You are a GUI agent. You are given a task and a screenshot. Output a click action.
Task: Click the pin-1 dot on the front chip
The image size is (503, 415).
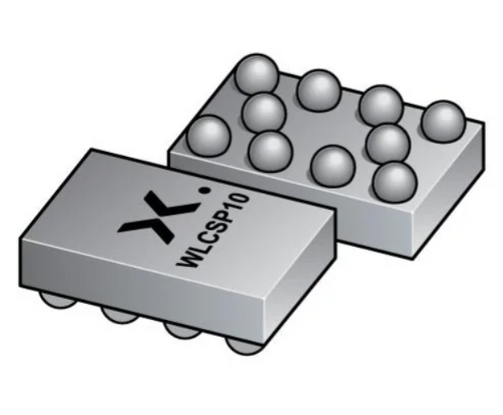point(204,191)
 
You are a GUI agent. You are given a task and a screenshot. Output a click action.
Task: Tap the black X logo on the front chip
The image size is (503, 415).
point(157,216)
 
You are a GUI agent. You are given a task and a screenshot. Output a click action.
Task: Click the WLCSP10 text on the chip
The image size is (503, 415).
point(213,230)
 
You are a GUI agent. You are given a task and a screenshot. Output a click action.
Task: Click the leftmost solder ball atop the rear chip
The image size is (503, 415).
point(209,135)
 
